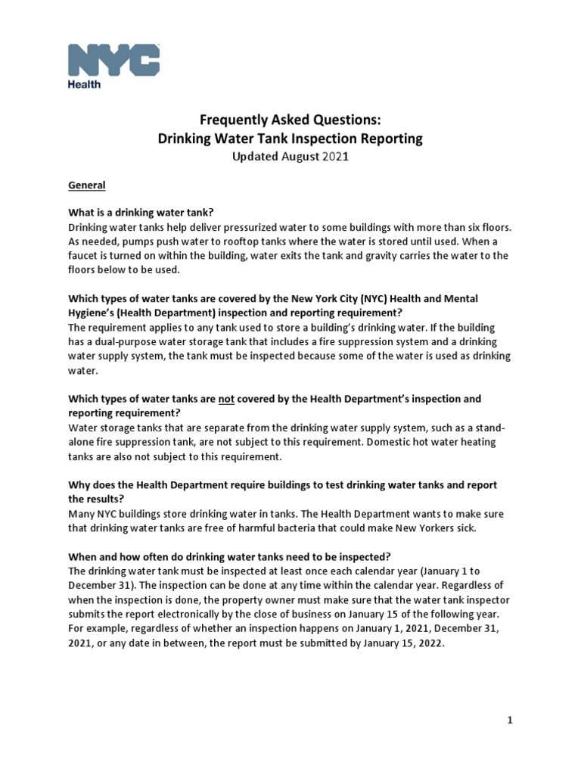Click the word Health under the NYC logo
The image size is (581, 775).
[x=85, y=85]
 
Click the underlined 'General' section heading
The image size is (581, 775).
[x=87, y=185]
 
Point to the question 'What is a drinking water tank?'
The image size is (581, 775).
[x=147, y=212]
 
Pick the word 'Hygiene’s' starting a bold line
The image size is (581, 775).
[x=92, y=313]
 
